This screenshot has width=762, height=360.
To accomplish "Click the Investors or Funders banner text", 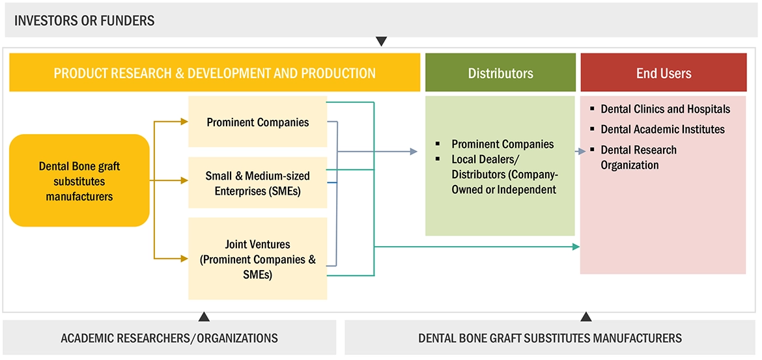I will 85,20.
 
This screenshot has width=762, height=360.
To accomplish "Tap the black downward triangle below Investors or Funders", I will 381,42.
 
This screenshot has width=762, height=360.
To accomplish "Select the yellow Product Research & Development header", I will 214,73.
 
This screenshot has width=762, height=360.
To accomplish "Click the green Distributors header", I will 500,73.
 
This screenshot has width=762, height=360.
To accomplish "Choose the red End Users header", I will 664,73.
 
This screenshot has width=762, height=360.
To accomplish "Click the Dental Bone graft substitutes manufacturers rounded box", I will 79,181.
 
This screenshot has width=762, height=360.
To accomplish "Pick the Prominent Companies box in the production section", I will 257,122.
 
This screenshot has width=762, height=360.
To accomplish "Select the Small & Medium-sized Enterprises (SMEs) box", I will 257,183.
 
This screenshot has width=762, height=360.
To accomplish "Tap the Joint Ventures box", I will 257,259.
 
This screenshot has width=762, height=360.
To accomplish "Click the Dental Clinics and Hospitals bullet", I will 665,109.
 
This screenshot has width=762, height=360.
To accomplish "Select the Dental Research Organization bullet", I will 638,158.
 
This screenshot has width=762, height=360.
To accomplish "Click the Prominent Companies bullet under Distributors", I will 502,144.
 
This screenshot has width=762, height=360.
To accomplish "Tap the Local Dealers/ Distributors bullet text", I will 504,174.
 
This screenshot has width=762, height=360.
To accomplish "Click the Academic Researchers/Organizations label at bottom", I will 169,338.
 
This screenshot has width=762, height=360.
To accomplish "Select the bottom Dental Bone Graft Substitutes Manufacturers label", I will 550,338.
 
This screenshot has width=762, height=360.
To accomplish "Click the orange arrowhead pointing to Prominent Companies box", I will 183,121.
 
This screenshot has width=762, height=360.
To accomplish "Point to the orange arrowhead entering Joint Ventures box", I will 183,259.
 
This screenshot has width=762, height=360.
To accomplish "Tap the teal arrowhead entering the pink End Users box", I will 576,247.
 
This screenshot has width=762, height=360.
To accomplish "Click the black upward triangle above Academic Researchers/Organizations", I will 204,317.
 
